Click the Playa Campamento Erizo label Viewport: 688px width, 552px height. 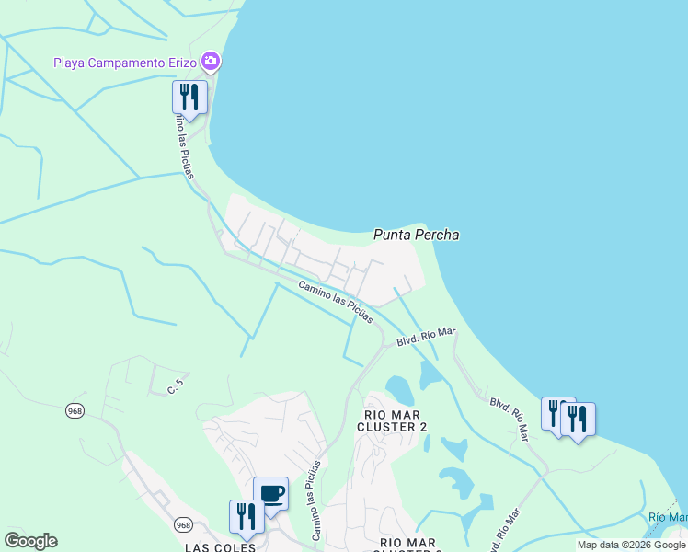[x=125, y=63]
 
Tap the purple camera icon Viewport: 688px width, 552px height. [x=212, y=62]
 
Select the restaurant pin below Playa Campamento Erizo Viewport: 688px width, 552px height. [x=189, y=98]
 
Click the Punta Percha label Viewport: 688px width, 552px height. [x=416, y=235]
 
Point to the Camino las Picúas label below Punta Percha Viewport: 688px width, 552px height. [x=336, y=303]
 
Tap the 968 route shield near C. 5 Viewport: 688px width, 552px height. [x=75, y=410]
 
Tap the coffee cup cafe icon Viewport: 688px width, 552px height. [x=271, y=494]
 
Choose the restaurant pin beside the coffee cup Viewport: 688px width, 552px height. [x=246, y=516]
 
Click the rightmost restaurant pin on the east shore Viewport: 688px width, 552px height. [x=578, y=420]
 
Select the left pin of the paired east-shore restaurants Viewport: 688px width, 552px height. [x=556, y=413]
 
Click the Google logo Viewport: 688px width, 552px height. [x=30, y=541]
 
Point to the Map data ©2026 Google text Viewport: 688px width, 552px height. [x=631, y=545]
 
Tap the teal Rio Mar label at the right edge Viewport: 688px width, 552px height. [x=668, y=517]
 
